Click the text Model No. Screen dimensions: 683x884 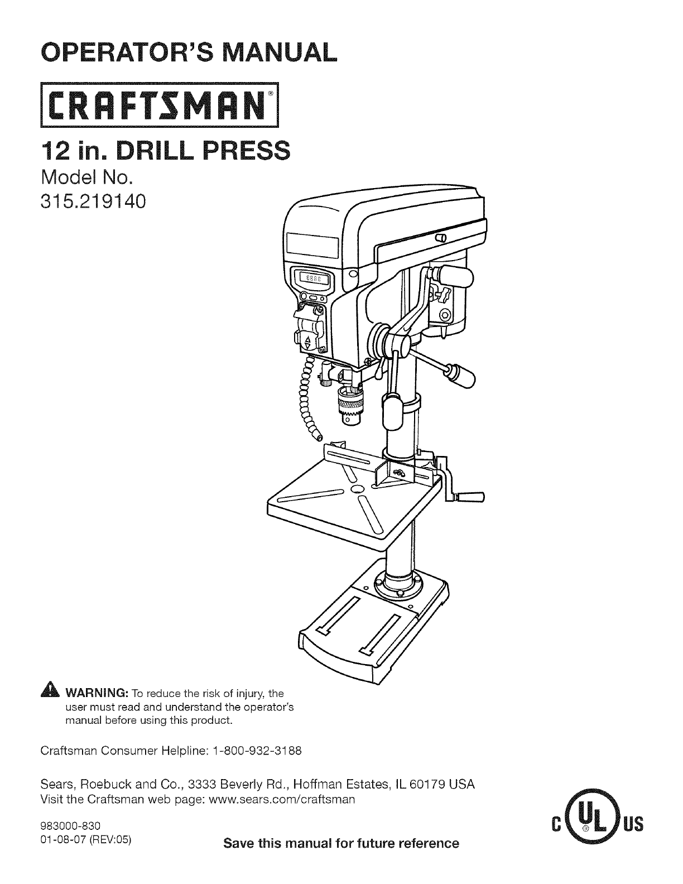pos(86,178)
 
